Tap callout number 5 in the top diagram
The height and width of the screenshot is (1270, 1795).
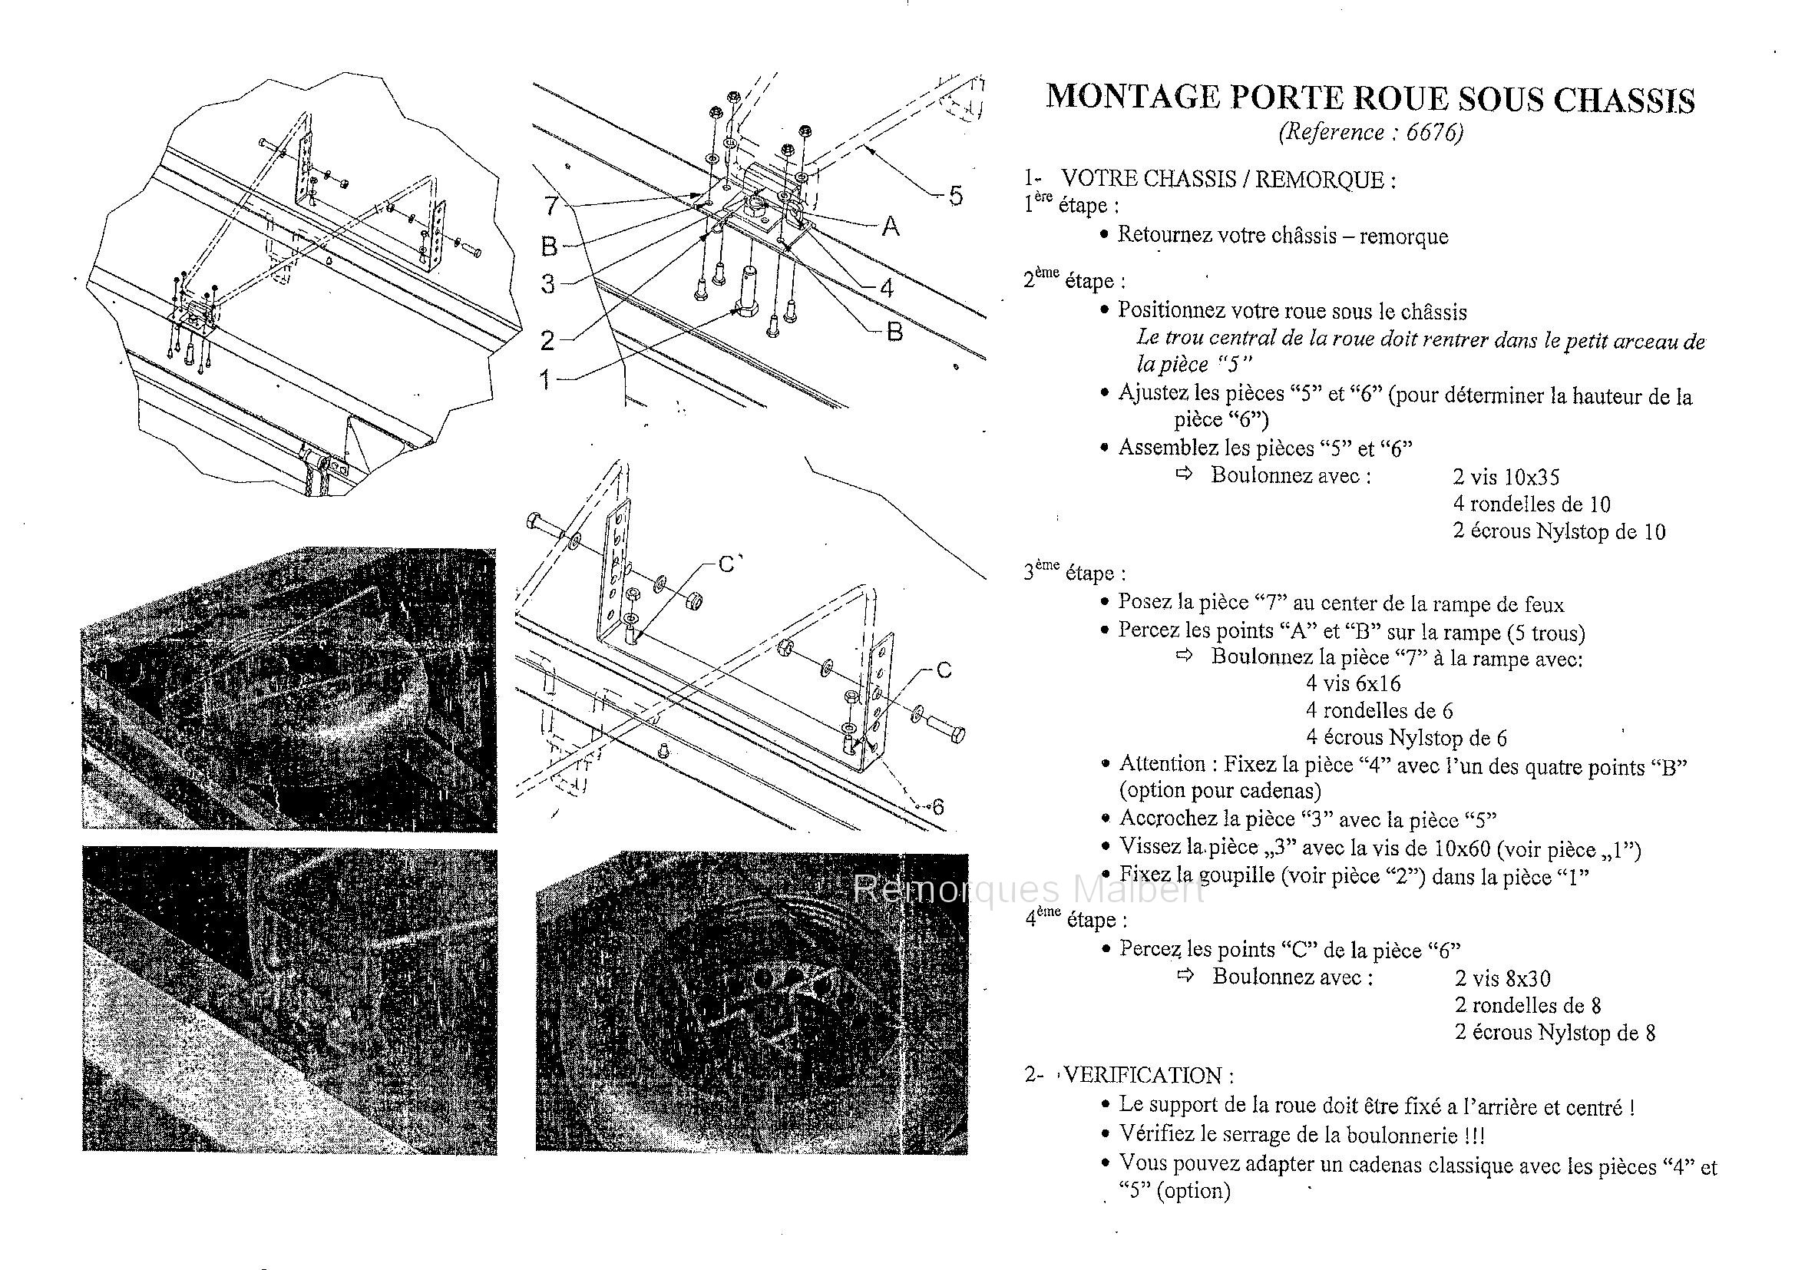pos(955,196)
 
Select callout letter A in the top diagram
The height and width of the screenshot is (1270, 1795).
pos(890,227)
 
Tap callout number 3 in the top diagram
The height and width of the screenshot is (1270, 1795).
pos(548,284)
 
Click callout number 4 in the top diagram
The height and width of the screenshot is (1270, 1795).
pos(887,289)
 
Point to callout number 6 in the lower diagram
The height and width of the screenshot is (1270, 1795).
pos(937,805)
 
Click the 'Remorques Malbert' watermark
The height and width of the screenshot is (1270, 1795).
pos(1028,889)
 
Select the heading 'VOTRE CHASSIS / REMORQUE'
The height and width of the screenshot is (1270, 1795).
pos(1227,180)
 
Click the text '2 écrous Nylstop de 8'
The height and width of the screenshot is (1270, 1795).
pos(1555,1032)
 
